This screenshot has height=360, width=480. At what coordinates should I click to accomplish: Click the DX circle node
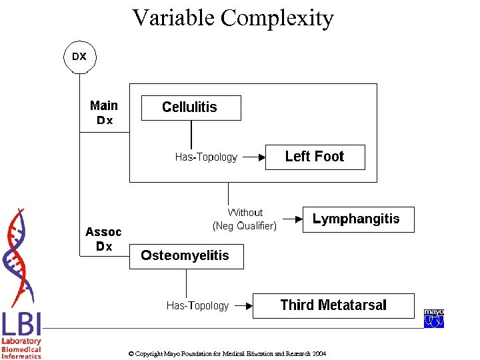(79, 57)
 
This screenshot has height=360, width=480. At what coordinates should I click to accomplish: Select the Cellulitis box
(191, 107)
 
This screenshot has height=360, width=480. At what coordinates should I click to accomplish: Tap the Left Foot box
(315, 157)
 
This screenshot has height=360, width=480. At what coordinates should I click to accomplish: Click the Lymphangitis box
(358, 219)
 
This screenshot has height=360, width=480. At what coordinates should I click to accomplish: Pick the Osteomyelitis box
(186, 256)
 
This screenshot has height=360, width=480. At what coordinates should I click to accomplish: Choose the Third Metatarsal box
(333, 305)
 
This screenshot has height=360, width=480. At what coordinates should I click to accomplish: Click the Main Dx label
(104, 113)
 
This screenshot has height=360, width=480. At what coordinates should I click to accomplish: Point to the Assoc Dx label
(103, 239)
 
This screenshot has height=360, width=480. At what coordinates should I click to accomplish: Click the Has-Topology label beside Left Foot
(206, 157)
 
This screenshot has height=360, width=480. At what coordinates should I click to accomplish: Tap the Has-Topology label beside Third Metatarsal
(197, 306)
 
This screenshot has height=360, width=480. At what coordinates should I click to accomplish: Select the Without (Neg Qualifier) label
(245, 219)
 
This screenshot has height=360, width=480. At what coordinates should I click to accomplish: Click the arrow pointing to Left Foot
(251, 157)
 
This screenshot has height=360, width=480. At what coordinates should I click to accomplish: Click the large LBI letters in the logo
(21, 325)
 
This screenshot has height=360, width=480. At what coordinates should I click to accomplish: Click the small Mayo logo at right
(433, 319)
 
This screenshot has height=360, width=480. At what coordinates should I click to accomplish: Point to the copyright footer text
(227, 353)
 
